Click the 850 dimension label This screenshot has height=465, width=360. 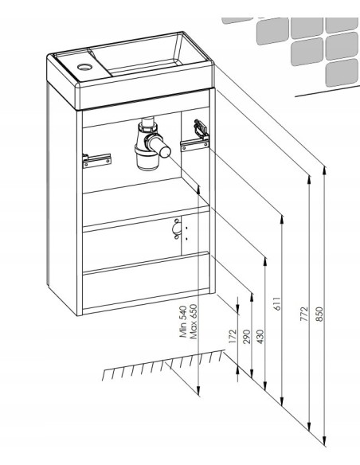(319, 314)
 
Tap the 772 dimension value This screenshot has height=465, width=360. (304, 314)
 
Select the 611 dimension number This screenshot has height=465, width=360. (277, 303)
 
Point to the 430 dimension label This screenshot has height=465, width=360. (260, 336)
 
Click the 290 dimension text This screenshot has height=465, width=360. (247, 336)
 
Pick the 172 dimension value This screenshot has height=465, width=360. (233, 336)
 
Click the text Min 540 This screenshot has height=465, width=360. (183, 322)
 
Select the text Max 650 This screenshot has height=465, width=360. (193, 322)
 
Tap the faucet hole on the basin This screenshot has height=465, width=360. (84, 67)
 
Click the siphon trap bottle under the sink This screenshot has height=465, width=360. (147, 157)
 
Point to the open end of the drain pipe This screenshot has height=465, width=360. (165, 151)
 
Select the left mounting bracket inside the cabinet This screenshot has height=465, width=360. (96, 160)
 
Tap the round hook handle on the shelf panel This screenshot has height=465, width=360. (177, 229)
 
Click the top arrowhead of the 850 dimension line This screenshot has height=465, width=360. (325, 170)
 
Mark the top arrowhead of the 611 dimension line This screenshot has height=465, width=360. (282, 220)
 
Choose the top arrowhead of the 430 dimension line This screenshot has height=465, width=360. (265, 261)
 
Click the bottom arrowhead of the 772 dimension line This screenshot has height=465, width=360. (309, 427)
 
